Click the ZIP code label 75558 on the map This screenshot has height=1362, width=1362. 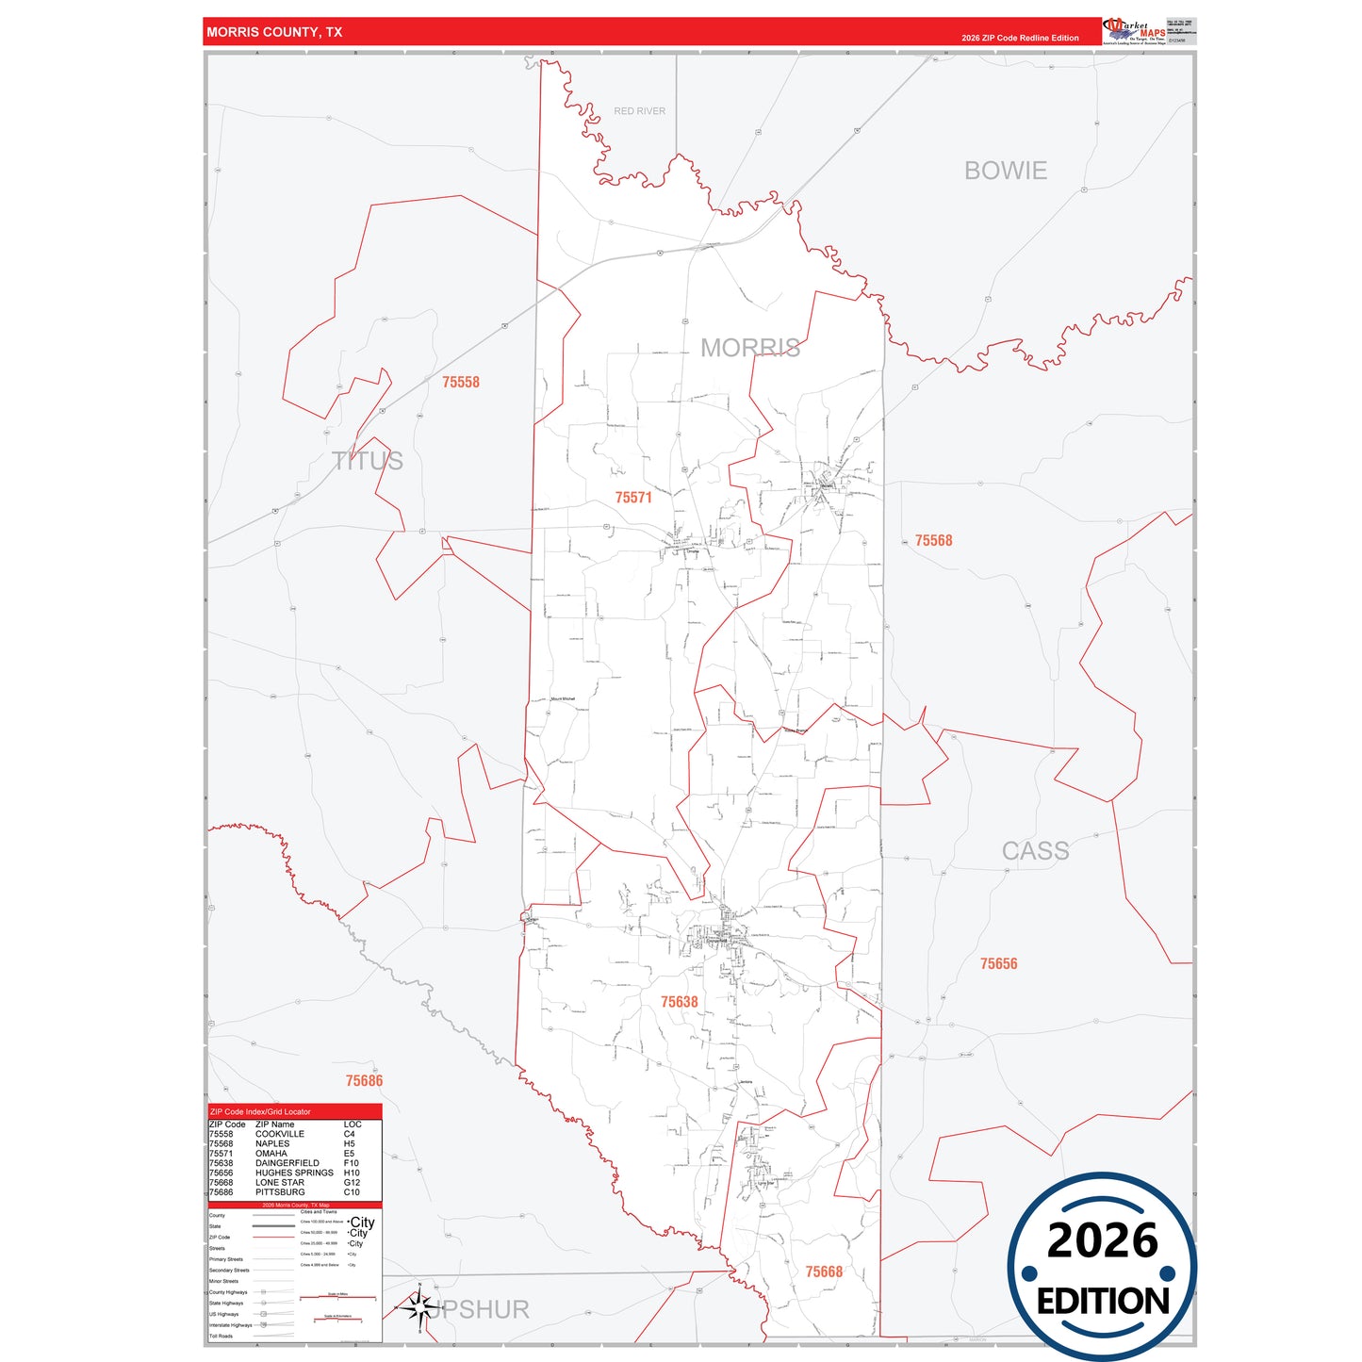tap(461, 382)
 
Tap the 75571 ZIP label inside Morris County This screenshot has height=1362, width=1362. tap(633, 498)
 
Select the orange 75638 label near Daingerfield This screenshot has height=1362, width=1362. tap(680, 1002)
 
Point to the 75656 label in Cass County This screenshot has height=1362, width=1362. tap(999, 963)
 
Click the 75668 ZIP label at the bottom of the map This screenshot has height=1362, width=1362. tap(824, 1272)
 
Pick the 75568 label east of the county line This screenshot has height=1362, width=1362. tap(934, 540)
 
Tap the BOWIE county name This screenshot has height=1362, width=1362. tap(1006, 171)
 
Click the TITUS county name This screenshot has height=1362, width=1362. tap(368, 461)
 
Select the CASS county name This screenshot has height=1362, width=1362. tap(1035, 851)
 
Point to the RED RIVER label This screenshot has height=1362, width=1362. tap(639, 111)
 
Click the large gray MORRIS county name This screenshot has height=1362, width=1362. tap(750, 348)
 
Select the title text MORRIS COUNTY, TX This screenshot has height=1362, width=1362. tap(274, 32)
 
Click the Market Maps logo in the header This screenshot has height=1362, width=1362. tap(1134, 31)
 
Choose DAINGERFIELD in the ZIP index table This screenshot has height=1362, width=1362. tap(287, 1163)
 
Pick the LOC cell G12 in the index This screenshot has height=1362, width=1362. tap(352, 1182)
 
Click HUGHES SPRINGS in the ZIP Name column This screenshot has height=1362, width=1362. tap(294, 1173)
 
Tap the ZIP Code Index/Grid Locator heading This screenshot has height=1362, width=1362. tap(260, 1112)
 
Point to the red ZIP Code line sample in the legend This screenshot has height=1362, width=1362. tap(274, 1238)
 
